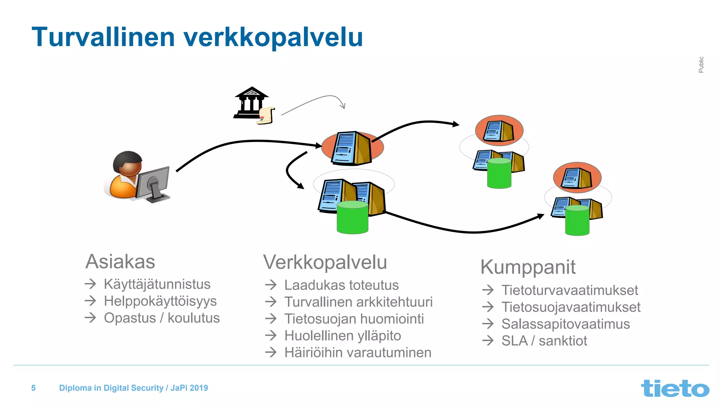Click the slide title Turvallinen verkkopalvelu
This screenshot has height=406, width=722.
point(197,37)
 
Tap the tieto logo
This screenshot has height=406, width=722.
point(675,388)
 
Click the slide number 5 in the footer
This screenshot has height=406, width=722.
point(33,388)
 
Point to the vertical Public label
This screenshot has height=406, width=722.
point(701,64)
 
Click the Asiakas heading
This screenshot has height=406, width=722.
point(120,262)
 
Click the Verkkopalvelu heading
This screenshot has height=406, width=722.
point(325,263)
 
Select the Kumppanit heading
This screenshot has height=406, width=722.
point(528,267)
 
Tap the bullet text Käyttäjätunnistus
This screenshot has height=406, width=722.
point(157,284)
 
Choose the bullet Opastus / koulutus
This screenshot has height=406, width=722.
point(161,318)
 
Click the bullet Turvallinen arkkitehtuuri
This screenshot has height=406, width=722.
point(358,302)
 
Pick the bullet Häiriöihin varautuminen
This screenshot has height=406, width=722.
point(357,353)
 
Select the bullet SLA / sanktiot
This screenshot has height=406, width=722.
point(544,341)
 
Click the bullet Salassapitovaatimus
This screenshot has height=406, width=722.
point(565,324)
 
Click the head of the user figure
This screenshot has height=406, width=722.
point(128,163)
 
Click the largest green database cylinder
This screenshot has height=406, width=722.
point(352,217)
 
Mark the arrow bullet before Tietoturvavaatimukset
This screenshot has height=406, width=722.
point(488,290)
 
